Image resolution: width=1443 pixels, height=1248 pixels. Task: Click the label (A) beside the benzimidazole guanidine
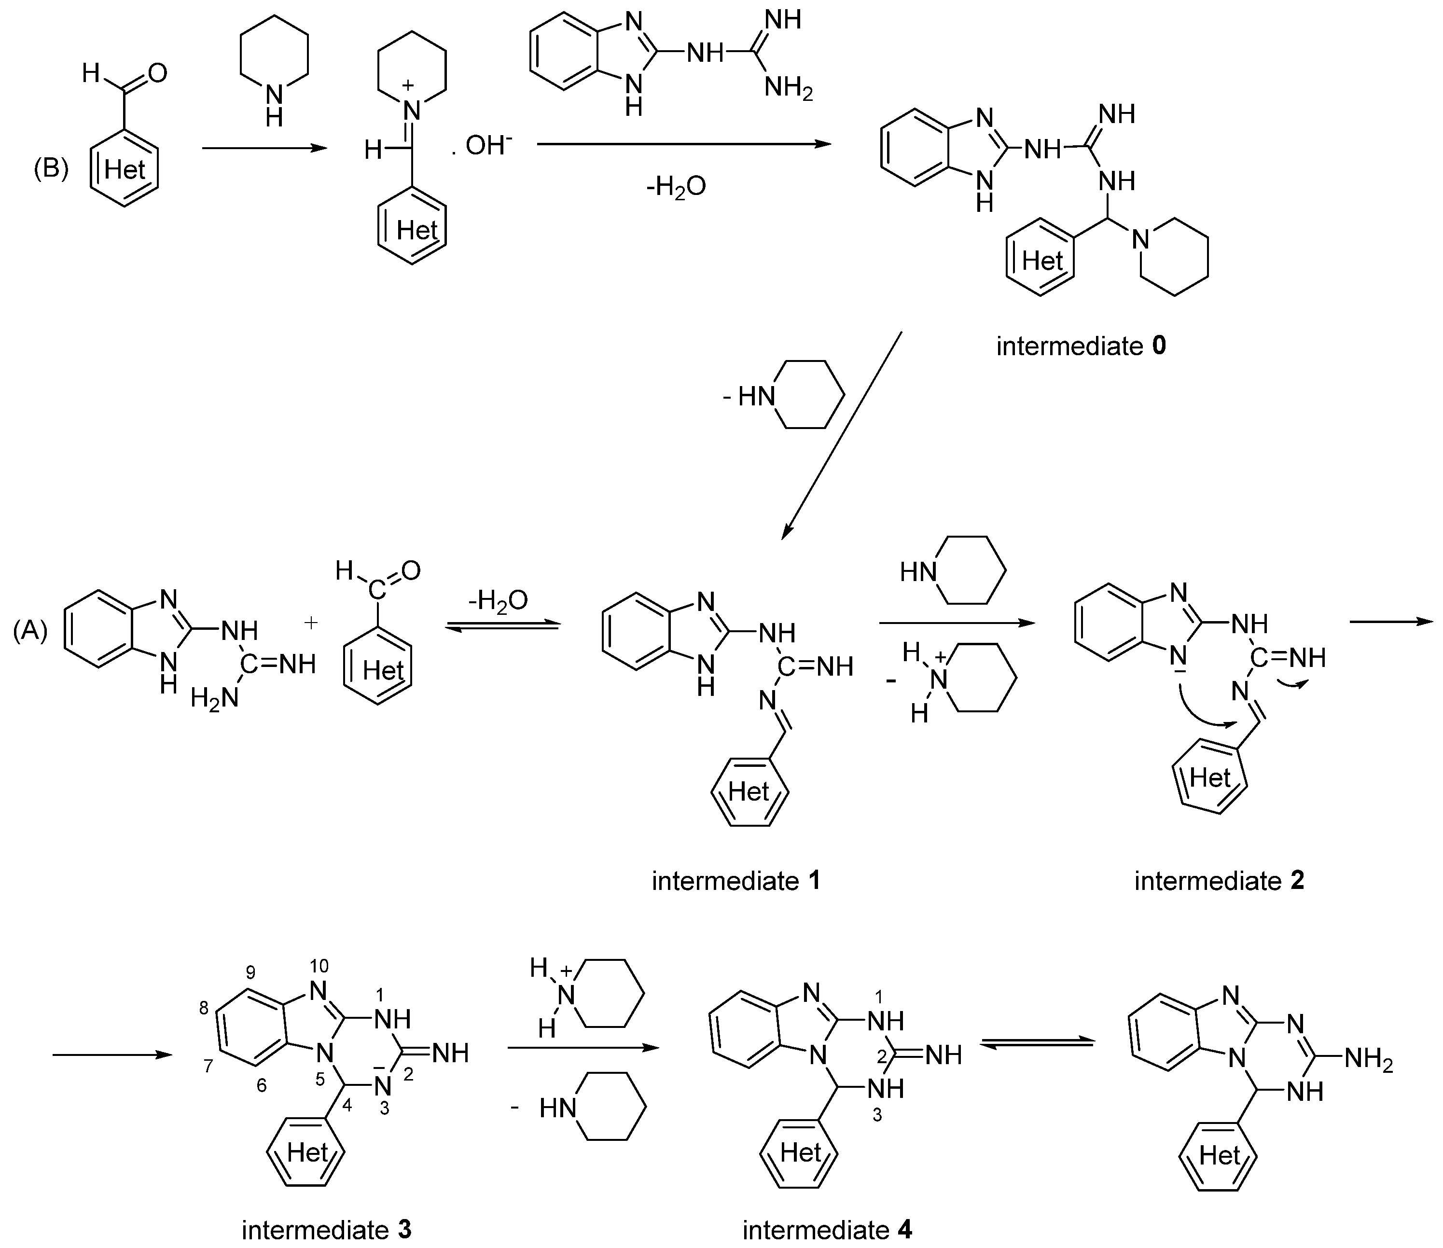30,630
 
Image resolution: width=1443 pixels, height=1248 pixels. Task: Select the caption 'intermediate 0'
1081,346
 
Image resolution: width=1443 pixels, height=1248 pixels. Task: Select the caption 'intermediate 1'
736,881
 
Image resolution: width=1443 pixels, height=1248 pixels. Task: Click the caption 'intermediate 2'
1219,881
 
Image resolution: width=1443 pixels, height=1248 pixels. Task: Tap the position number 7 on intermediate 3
208,1066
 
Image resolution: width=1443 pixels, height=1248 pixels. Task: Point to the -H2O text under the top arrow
676,187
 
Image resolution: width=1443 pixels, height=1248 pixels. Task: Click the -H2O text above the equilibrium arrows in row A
498,599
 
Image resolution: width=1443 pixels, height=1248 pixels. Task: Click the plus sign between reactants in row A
311,623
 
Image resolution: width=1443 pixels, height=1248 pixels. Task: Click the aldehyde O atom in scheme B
157,72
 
